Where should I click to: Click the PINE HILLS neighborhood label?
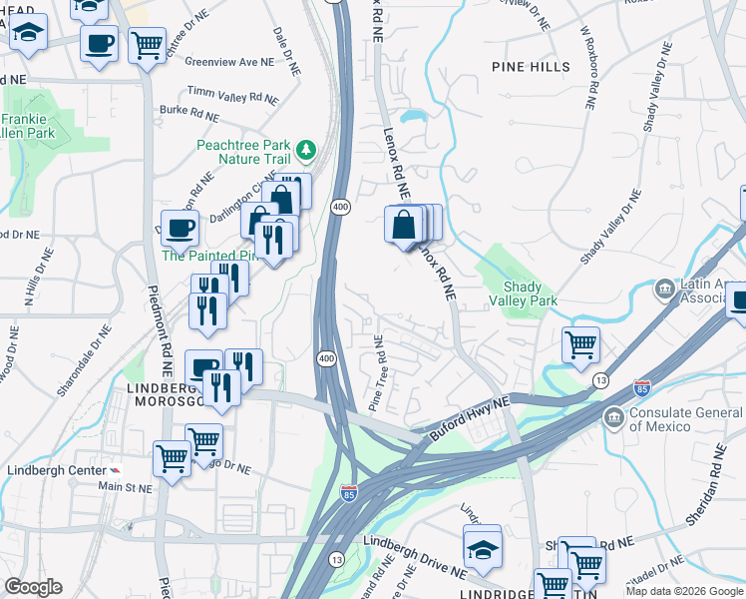(x=531, y=67)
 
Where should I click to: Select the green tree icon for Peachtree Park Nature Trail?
(x=307, y=151)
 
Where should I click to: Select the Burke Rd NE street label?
(x=188, y=114)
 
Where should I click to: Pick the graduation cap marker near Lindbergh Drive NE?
(x=483, y=548)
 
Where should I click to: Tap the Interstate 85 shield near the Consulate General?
(x=642, y=387)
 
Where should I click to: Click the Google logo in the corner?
(x=33, y=587)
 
